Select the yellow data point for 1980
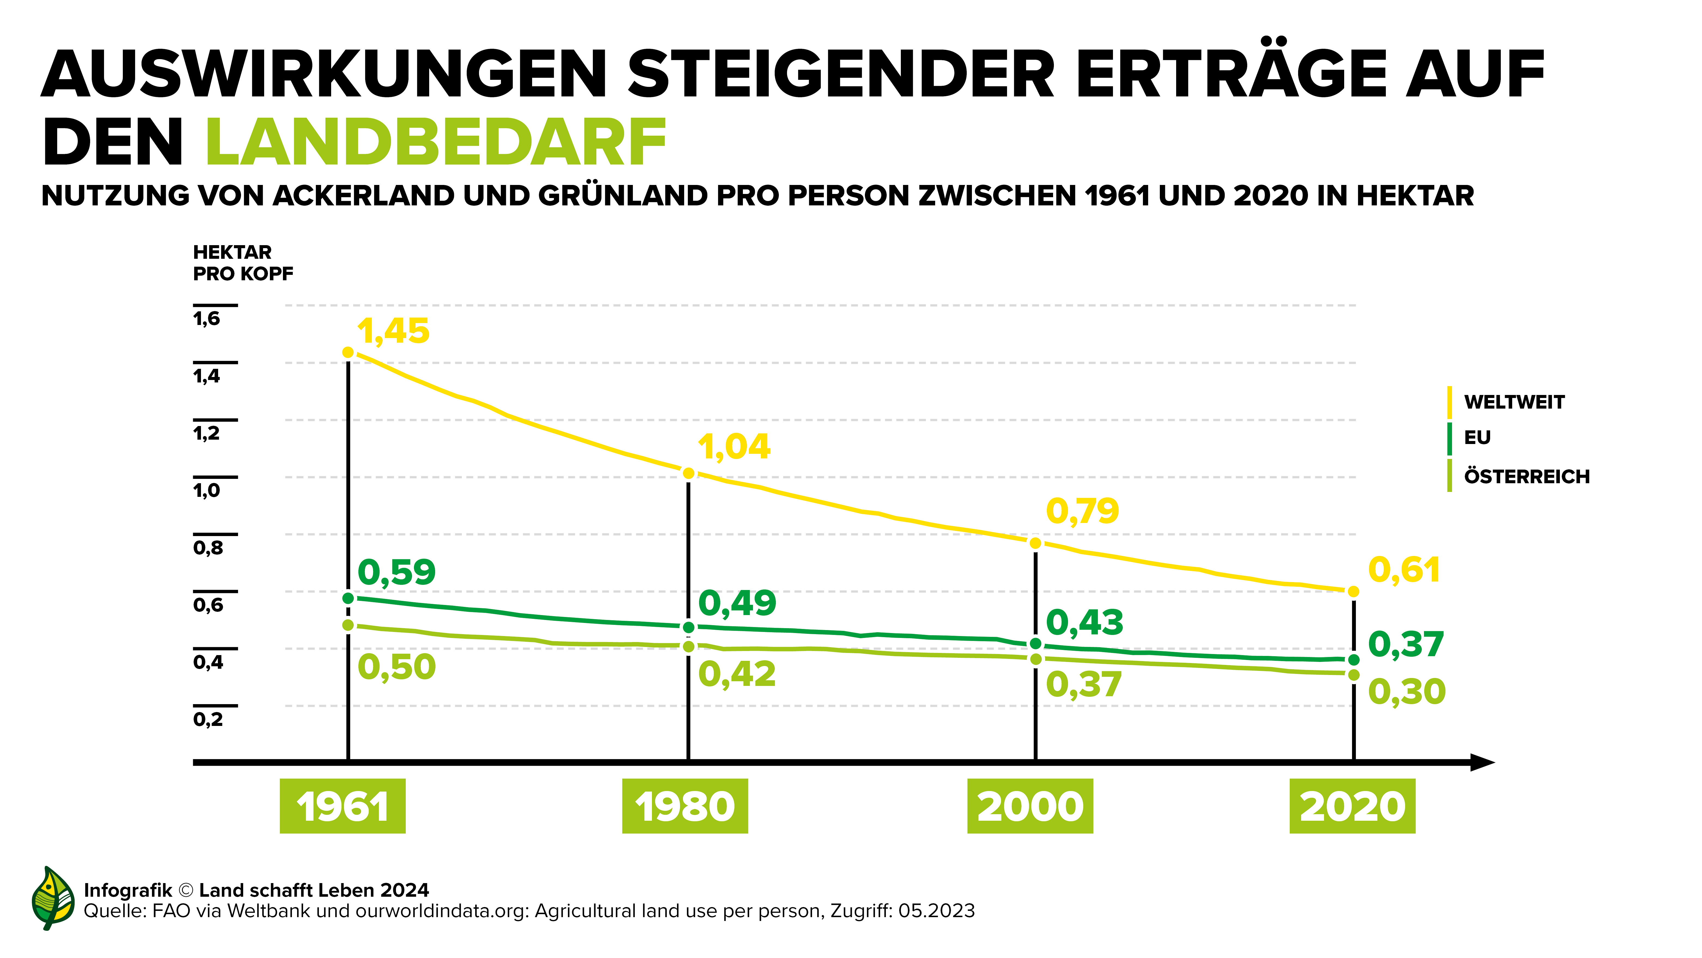coord(688,473)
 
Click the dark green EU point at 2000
coord(1035,643)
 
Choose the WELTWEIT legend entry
coord(1514,402)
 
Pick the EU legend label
coord(1477,437)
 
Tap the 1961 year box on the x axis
coord(342,806)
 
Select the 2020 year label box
coord(1352,806)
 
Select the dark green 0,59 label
coord(396,572)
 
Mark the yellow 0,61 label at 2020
coord(1403,570)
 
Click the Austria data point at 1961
coord(348,625)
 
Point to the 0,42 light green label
coord(737,674)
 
